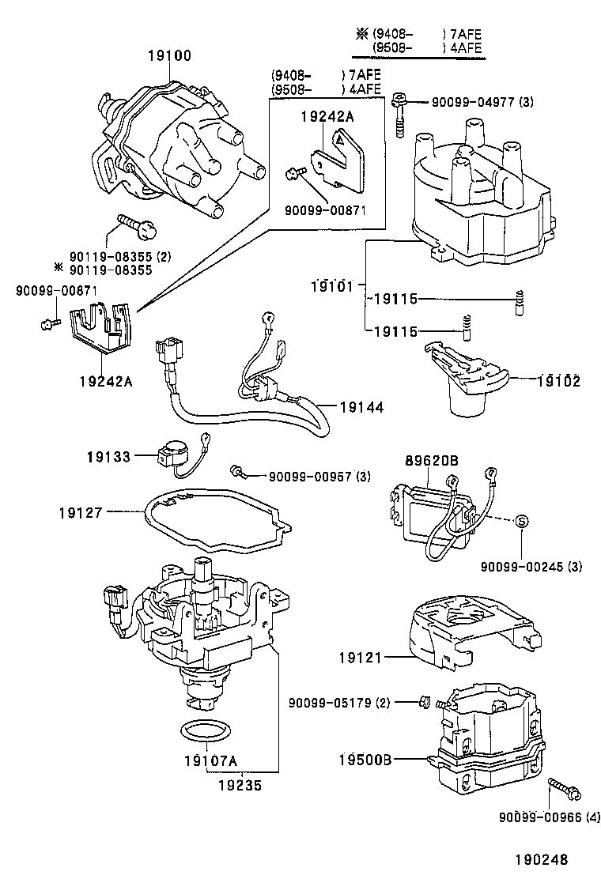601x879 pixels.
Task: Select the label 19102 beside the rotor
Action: [x=560, y=381]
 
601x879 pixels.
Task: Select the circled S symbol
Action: [x=521, y=520]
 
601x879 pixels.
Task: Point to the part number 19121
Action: [x=362, y=657]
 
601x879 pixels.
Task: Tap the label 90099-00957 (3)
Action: [x=319, y=476]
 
